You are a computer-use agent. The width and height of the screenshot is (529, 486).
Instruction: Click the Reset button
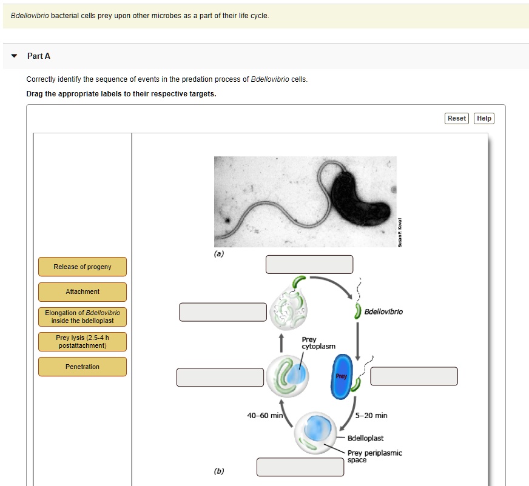tap(456, 118)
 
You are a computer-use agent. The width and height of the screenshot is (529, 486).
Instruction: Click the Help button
tap(484, 118)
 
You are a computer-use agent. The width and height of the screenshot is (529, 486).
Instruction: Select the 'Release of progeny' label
tap(83, 267)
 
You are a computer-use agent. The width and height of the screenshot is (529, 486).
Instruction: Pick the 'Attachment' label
tap(83, 292)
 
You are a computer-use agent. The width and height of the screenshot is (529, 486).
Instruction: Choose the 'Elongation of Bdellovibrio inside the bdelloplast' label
tap(83, 316)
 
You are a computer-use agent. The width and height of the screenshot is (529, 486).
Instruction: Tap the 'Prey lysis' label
tap(83, 342)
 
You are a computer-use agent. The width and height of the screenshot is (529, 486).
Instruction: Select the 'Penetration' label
tap(83, 367)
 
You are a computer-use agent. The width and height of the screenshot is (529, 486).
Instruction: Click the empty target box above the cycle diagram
tap(309, 264)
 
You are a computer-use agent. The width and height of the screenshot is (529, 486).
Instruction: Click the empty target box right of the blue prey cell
tap(414, 376)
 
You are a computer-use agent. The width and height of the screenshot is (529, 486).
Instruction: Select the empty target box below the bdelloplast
tap(300, 467)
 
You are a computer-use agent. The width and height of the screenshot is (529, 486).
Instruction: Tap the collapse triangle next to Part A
tap(14, 56)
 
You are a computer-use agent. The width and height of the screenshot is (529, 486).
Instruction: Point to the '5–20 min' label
tap(372, 415)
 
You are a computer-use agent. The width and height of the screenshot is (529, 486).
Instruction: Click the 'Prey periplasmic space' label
tap(374, 456)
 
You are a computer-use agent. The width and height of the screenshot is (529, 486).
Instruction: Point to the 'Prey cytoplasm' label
tap(318, 343)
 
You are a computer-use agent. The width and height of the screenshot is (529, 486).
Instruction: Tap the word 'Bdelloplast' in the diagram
tap(365, 438)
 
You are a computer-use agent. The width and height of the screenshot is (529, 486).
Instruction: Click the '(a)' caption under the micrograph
tap(219, 254)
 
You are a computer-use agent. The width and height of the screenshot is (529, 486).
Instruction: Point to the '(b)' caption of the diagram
tap(219, 471)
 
